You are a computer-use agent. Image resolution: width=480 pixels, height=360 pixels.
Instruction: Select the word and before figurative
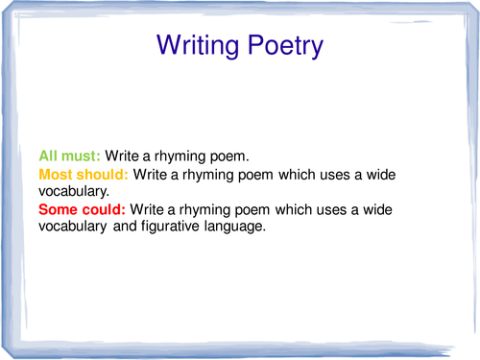pos(117,227)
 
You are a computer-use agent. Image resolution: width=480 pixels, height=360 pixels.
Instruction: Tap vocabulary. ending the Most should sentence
pos(72,191)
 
